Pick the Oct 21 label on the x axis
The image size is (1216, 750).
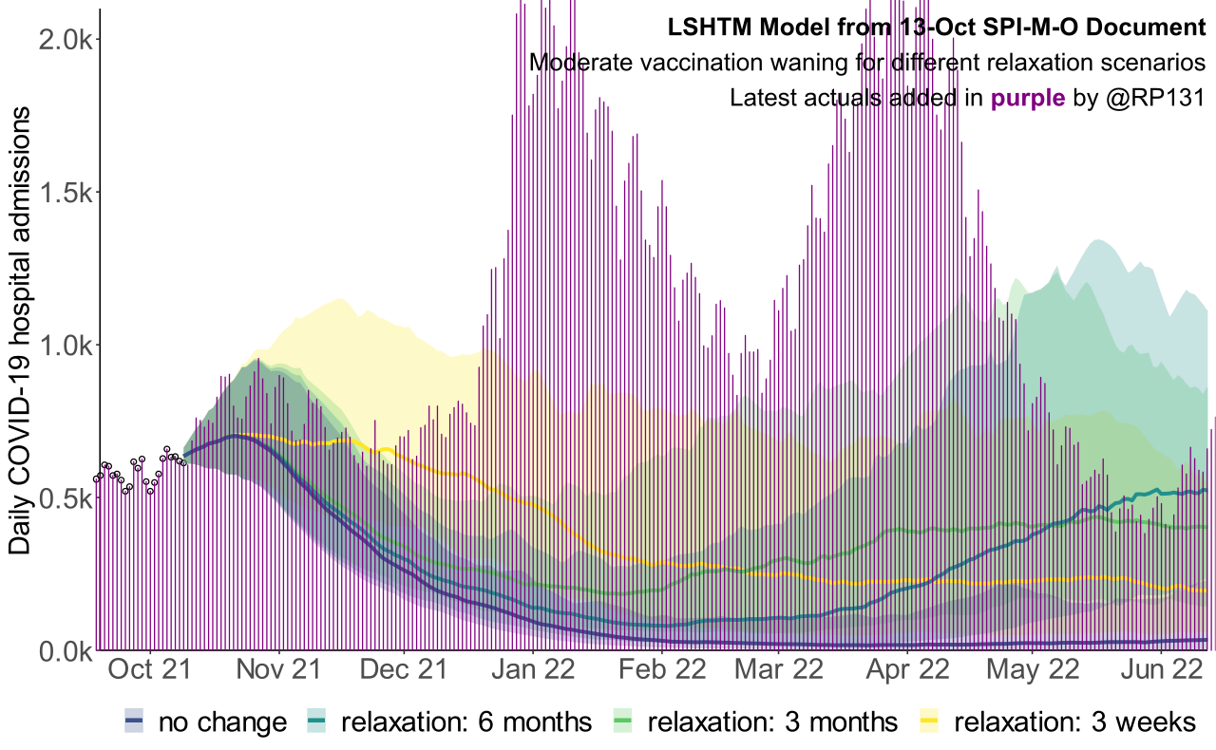pos(148,669)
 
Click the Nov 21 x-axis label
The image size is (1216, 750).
pos(280,669)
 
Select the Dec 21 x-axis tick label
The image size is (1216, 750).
pos(404,669)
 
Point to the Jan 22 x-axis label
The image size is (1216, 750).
pos(534,669)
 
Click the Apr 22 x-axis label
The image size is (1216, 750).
pos(906,669)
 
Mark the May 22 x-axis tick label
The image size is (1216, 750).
pos(1033,669)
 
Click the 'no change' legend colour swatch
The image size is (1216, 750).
pos(134,722)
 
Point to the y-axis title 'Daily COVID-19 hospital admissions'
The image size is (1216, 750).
pos(21,330)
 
